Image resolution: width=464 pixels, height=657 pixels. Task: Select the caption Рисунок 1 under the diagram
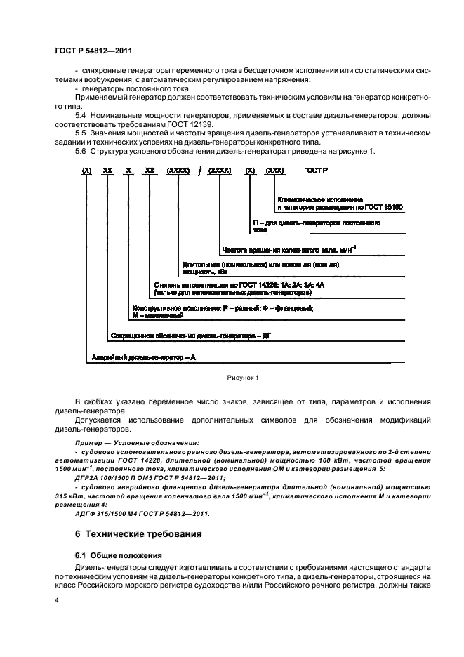point(242,378)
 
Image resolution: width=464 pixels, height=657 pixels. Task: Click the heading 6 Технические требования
point(138,534)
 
